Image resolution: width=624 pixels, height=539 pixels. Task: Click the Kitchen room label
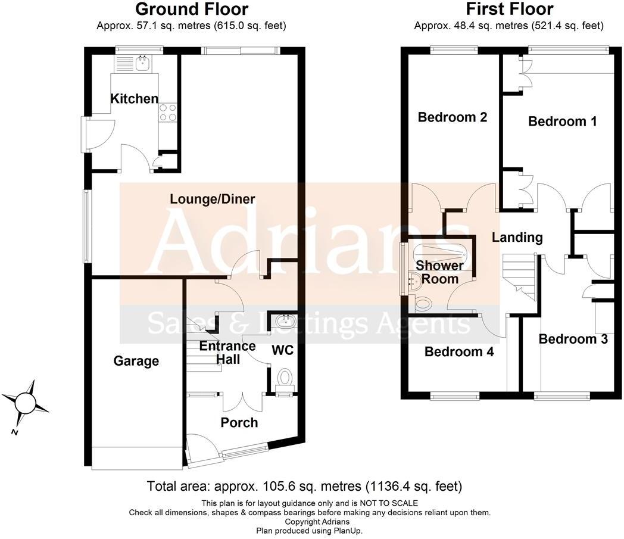point(135,99)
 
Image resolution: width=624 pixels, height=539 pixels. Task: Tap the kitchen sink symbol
point(142,63)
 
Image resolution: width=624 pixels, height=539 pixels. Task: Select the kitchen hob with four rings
point(167,113)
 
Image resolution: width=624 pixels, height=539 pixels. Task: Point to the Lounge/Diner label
point(213,199)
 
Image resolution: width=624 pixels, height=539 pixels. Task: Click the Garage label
point(136,361)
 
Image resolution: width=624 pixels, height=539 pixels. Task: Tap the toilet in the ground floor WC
point(285,377)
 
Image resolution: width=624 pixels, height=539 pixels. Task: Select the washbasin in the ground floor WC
point(282,322)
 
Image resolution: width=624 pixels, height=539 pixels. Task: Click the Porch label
point(239,423)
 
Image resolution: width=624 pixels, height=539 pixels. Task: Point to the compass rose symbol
point(26,403)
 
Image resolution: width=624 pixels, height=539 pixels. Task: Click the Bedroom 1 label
point(563,121)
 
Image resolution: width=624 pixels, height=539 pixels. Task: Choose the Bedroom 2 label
point(453,117)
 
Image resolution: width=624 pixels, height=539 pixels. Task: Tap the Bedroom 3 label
point(573,339)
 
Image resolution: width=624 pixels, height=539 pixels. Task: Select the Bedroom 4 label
point(459,352)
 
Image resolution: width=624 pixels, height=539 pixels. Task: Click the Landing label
point(517,238)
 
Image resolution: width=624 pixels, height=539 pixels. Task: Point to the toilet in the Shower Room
point(423,304)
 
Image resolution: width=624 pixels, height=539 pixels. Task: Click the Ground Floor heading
point(192,10)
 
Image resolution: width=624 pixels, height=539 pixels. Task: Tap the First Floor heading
point(509,10)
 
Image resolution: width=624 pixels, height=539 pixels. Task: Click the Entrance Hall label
point(227,353)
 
